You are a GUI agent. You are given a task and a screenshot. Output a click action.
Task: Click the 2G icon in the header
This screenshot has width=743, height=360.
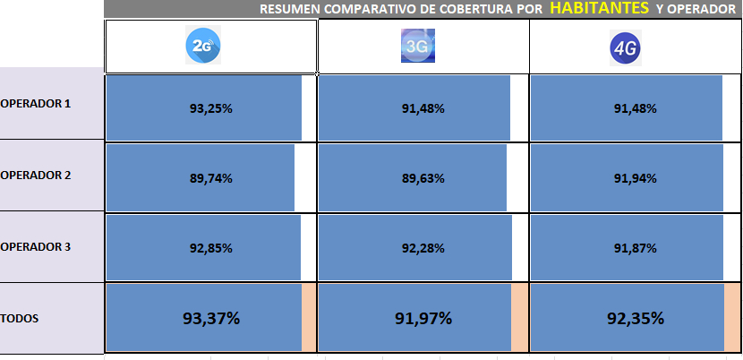pyautogui.click(x=203, y=45)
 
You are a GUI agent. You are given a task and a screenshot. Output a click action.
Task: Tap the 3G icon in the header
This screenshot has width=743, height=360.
pyautogui.click(x=417, y=46)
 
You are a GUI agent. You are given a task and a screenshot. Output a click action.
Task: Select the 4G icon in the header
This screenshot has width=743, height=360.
pyautogui.click(x=629, y=46)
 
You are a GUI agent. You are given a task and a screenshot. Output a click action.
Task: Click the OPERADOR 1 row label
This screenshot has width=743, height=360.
pyautogui.click(x=36, y=103)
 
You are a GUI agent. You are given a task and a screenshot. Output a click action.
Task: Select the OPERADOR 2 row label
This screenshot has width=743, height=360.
pyautogui.click(x=36, y=175)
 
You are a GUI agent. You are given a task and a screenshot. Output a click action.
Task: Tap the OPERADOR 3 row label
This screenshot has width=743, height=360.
pyautogui.click(x=36, y=246)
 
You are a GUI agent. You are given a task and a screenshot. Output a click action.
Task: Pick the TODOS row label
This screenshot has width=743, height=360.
pyautogui.click(x=20, y=318)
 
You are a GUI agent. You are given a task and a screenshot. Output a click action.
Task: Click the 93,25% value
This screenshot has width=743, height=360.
pyautogui.click(x=211, y=108)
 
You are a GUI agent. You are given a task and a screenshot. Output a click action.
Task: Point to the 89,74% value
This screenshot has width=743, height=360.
pyautogui.click(x=211, y=178)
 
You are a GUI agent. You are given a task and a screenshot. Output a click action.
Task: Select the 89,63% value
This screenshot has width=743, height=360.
pyautogui.click(x=423, y=178)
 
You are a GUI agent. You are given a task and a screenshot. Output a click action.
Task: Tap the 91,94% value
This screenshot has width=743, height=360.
pyautogui.click(x=636, y=178)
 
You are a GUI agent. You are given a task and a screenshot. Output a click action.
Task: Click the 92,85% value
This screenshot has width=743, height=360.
pyautogui.click(x=211, y=248)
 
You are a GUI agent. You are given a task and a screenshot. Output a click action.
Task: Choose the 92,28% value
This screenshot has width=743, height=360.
pyautogui.click(x=423, y=248)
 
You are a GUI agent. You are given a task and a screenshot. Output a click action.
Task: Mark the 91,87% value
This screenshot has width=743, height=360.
pyautogui.click(x=636, y=248)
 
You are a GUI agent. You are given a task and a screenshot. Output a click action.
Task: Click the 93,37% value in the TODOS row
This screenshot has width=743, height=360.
pyautogui.click(x=211, y=318)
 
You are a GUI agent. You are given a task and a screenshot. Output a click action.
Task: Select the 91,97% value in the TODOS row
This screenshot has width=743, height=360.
pyautogui.click(x=423, y=318)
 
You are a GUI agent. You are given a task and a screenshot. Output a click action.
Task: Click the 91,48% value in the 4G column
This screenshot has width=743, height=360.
pyautogui.click(x=636, y=108)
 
